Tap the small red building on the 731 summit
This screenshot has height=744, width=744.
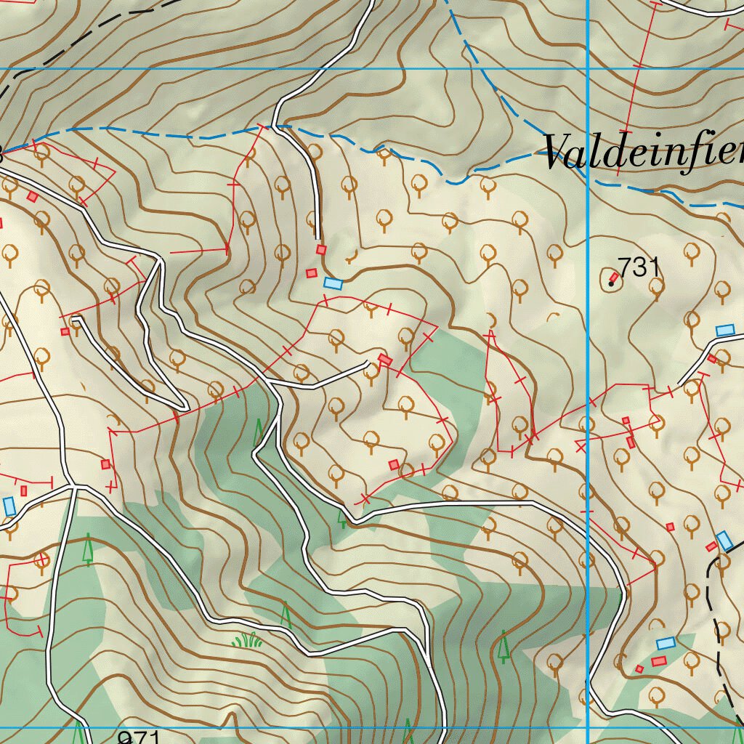(x=615, y=277)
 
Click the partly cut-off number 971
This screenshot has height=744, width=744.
(x=139, y=738)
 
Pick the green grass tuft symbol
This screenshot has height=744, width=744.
(x=247, y=640)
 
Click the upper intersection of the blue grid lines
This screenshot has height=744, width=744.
(x=587, y=70)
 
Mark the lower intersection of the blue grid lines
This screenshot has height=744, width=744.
(x=587, y=727)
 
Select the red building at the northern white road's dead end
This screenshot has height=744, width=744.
(x=320, y=249)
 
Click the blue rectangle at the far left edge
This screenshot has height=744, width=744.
(x=9, y=506)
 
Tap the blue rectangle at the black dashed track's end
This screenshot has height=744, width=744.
(x=724, y=541)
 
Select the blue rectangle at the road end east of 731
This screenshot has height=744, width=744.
(x=724, y=331)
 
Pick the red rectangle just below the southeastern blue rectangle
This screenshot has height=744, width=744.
(x=658, y=660)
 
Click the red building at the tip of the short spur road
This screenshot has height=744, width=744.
(x=385, y=360)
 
